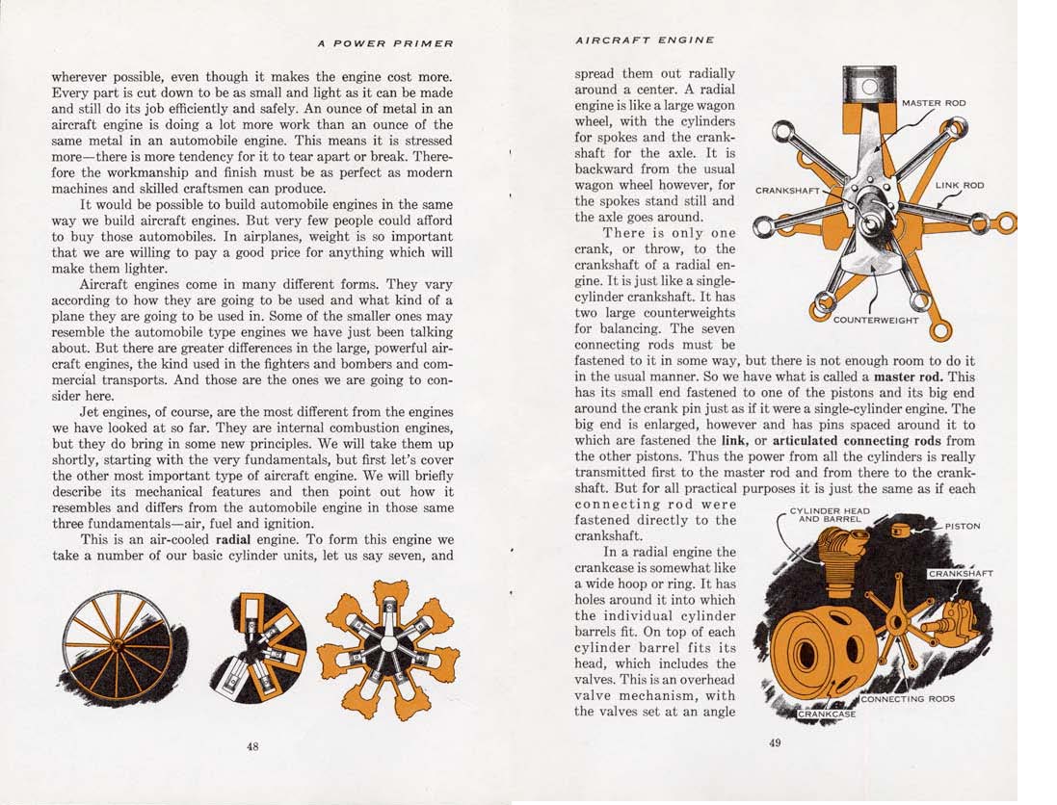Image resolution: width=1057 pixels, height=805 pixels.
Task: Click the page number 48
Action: tap(252, 746)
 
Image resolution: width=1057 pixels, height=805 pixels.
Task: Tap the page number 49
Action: tap(776, 741)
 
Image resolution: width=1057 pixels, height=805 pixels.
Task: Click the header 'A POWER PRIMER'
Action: tap(385, 43)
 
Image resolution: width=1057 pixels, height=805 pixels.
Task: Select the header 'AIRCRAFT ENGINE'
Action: tap(645, 40)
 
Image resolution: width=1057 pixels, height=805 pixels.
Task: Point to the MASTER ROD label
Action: tap(934, 103)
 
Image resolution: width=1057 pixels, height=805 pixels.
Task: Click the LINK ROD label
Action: tap(960, 185)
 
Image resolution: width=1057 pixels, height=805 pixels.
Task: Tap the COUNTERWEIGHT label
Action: tap(876, 320)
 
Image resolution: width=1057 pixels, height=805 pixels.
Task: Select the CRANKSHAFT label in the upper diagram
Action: tap(787, 191)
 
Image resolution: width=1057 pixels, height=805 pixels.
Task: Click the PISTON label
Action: tap(963, 527)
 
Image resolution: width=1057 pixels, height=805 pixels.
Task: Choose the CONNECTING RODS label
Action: tap(908, 698)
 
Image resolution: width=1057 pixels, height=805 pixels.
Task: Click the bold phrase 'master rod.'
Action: tap(910, 377)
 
